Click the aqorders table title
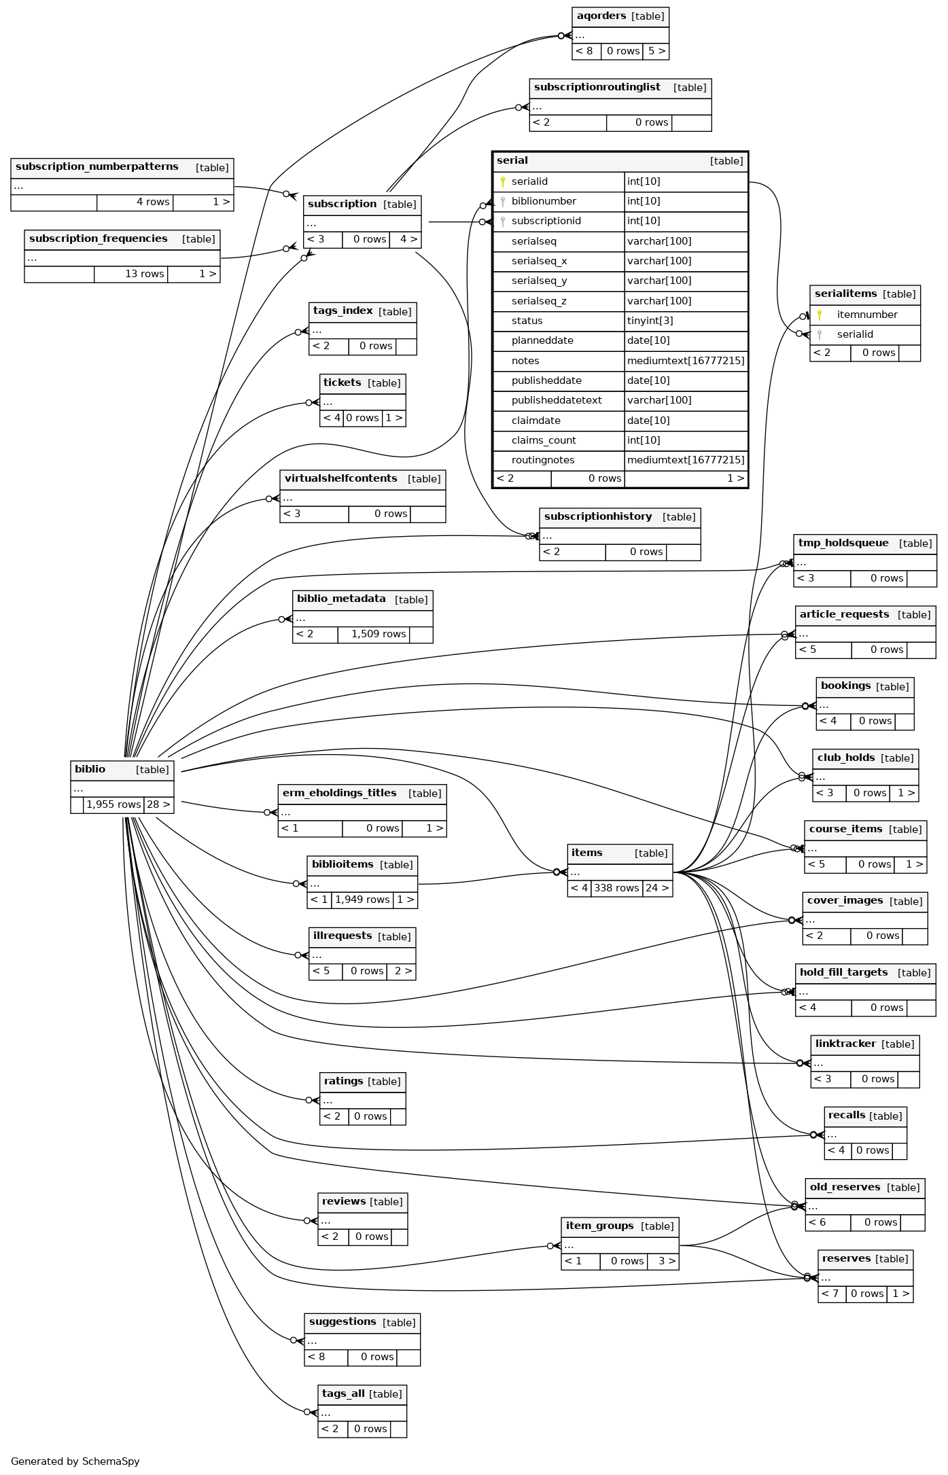tap(601, 16)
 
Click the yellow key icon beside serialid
tap(503, 181)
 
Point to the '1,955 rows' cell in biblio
tap(113, 804)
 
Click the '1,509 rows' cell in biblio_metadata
tap(378, 634)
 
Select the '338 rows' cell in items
tap(616, 888)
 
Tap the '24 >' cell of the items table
tap(657, 888)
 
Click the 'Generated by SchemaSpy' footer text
tap(75, 1461)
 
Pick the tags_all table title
tap(343, 1393)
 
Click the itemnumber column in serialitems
tap(866, 315)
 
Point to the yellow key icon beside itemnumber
tap(820, 315)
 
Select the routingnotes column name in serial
tap(543, 460)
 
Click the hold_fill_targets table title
tap(843, 972)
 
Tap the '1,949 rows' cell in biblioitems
tap(362, 900)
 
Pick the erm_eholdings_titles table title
tap(339, 793)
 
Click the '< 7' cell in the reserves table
tap(831, 1294)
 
